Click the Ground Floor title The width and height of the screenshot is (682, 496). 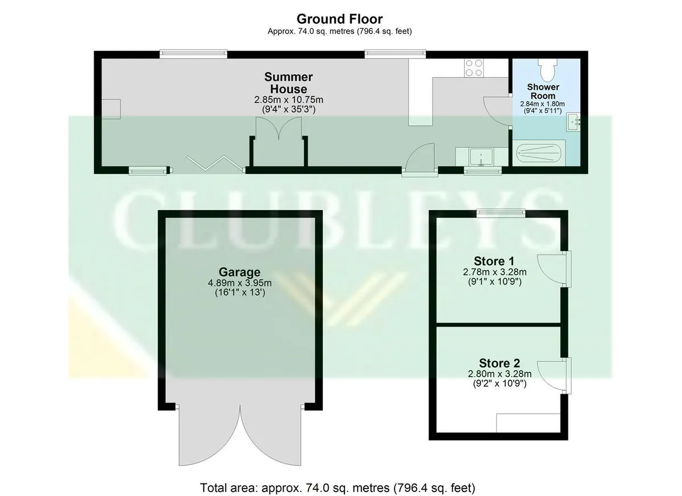[339, 19]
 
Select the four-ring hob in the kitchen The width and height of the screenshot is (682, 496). [474, 68]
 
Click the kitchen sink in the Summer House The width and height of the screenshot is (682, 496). [481, 157]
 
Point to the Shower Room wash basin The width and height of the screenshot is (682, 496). [573, 122]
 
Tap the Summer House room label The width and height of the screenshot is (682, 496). [288, 83]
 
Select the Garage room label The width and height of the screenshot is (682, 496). [240, 272]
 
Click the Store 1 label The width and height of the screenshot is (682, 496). [494, 261]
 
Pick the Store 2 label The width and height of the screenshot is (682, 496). [500, 363]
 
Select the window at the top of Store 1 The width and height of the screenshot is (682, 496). [501, 213]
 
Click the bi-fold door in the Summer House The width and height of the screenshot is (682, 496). [215, 163]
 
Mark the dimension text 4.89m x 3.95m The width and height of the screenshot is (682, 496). [240, 283]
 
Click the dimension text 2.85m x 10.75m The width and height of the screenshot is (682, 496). [289, 100]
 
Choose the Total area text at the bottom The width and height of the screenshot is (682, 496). [338, 480]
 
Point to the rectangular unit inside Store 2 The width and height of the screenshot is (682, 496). [528, 423]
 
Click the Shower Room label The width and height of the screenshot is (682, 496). [543, 91]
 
